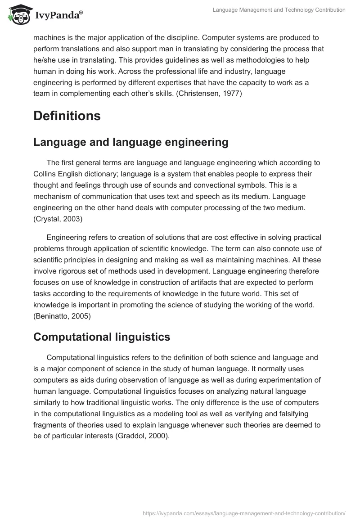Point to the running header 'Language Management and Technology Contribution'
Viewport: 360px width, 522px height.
click(279, 9)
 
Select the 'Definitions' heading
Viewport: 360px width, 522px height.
click(67, 116)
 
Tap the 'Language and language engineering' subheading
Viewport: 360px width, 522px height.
click(131, 142)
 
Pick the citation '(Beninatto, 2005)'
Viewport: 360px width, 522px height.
click(62, 316)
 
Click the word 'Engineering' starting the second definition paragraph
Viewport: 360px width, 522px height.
click(67, 237)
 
